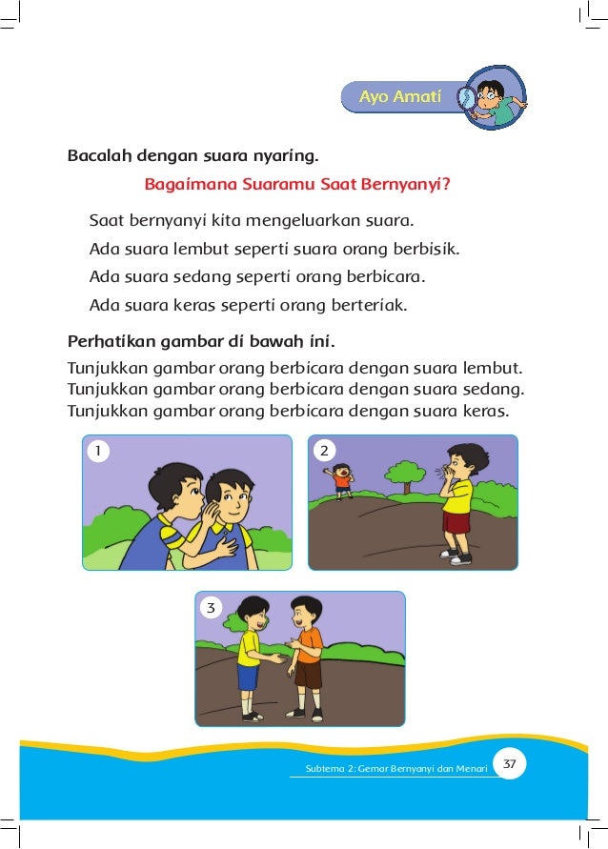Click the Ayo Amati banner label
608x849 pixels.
399,97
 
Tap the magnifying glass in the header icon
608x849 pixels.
467,98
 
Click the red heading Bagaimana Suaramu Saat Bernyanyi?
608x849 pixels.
296,185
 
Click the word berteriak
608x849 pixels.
368,306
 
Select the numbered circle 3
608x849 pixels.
211,606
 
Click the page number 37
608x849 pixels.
510,763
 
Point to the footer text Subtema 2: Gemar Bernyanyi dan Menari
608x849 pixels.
395,768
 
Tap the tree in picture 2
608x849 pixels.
408,473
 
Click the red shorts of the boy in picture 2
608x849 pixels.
456,522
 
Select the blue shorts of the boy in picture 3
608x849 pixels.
248,676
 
